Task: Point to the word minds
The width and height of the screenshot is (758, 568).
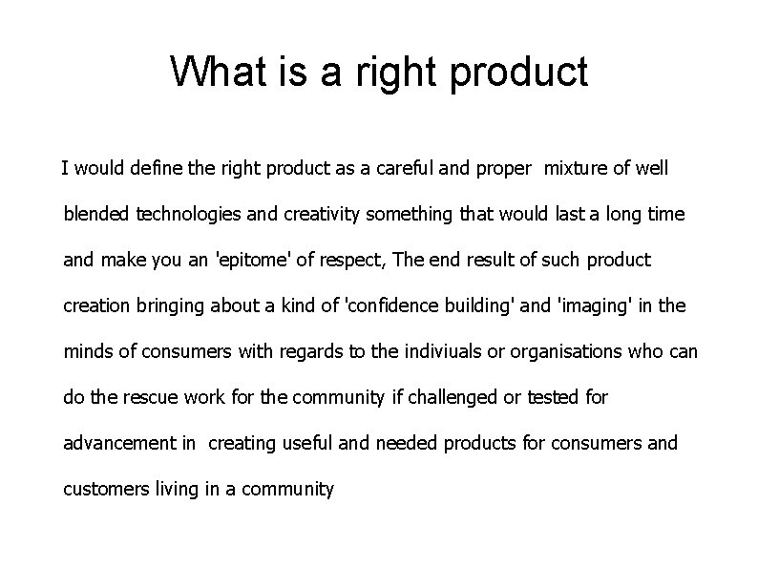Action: click(87, 351)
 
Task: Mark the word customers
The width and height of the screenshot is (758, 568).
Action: click(102, 490)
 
